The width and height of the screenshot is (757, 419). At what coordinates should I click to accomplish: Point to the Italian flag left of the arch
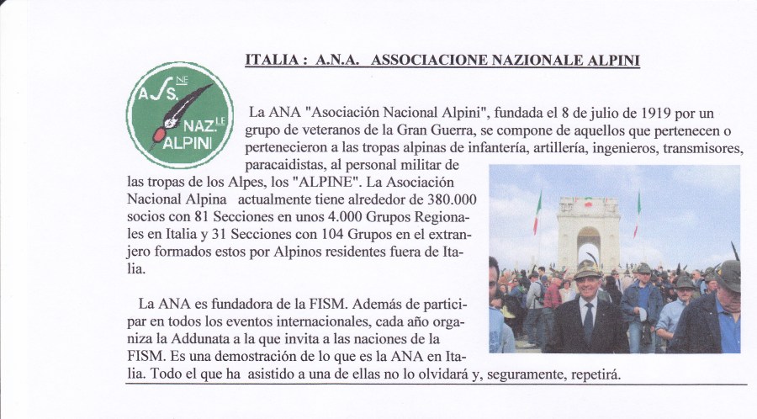(537, 215)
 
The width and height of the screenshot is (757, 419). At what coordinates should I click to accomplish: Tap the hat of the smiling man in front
(587, 269)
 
